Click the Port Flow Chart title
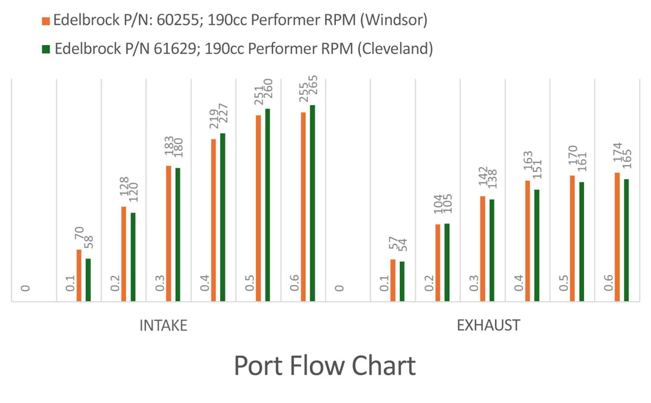point(324,366)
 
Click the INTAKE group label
point(163,326)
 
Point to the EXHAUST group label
point(488,326)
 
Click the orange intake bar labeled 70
point(79,275)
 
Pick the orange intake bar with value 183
point(169,233)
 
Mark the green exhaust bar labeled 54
point(402,281)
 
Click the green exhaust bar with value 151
point(537,245)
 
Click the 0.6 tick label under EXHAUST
point(609,283)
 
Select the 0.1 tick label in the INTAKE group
point(71,283)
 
